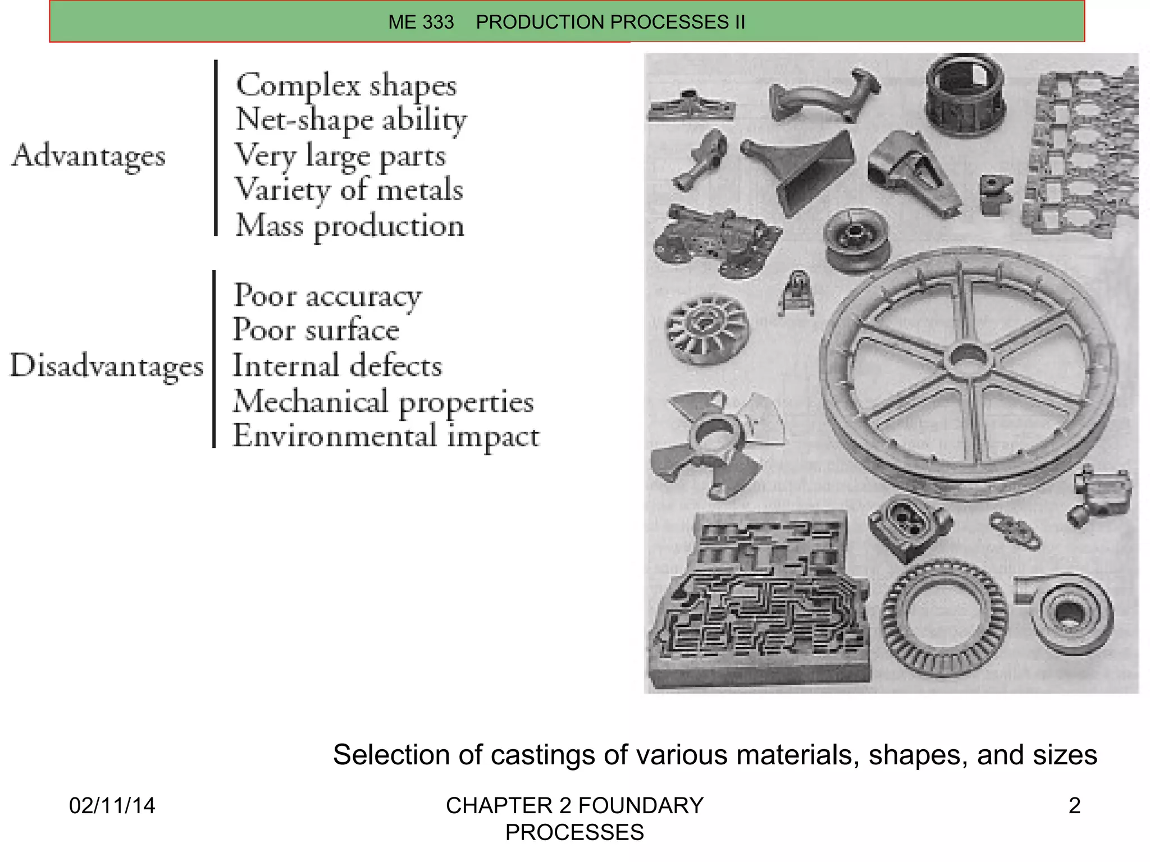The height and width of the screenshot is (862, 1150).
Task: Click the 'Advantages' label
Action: tap(89, 155)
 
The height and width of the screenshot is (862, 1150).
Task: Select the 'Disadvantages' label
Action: tap(107, 366)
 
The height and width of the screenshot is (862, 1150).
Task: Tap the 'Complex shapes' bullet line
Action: tap(346, 86)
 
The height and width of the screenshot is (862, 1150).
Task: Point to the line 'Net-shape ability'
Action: tap(351, 120)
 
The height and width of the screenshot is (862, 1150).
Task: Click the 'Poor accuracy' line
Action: tap(327, 296)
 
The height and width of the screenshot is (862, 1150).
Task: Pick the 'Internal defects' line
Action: tap(337, 366)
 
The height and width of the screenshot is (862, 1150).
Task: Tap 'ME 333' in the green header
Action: tap(421, 22)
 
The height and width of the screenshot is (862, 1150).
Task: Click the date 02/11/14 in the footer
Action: tap(112, 806)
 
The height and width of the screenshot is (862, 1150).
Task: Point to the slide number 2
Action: tap(1074, 806)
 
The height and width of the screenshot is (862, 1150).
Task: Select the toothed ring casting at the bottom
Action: tap(943, 617)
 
